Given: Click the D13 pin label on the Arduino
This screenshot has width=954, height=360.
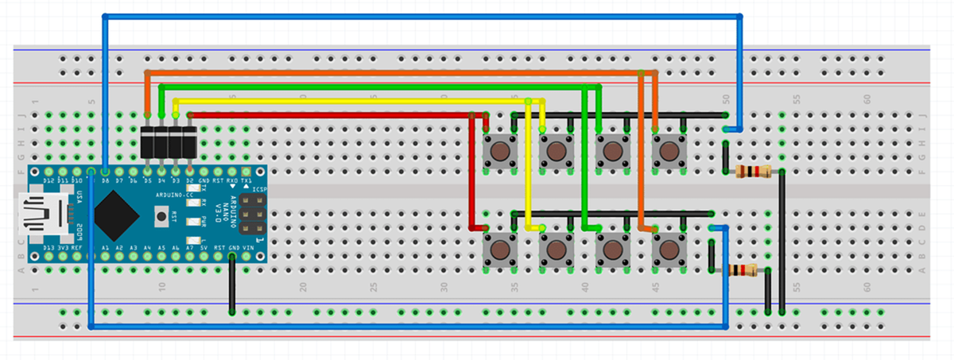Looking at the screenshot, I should (x=48, y=248).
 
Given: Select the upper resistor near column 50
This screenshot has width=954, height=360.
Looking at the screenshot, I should (x=752, y=172).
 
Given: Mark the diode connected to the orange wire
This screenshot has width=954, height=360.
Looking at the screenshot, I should (x=148, y=141).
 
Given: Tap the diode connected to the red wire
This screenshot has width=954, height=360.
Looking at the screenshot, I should (x=190, y=141).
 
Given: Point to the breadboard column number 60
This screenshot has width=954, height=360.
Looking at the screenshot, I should (x=868, y=99).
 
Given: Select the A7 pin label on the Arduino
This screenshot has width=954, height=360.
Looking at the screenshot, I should (x=190, y=248).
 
